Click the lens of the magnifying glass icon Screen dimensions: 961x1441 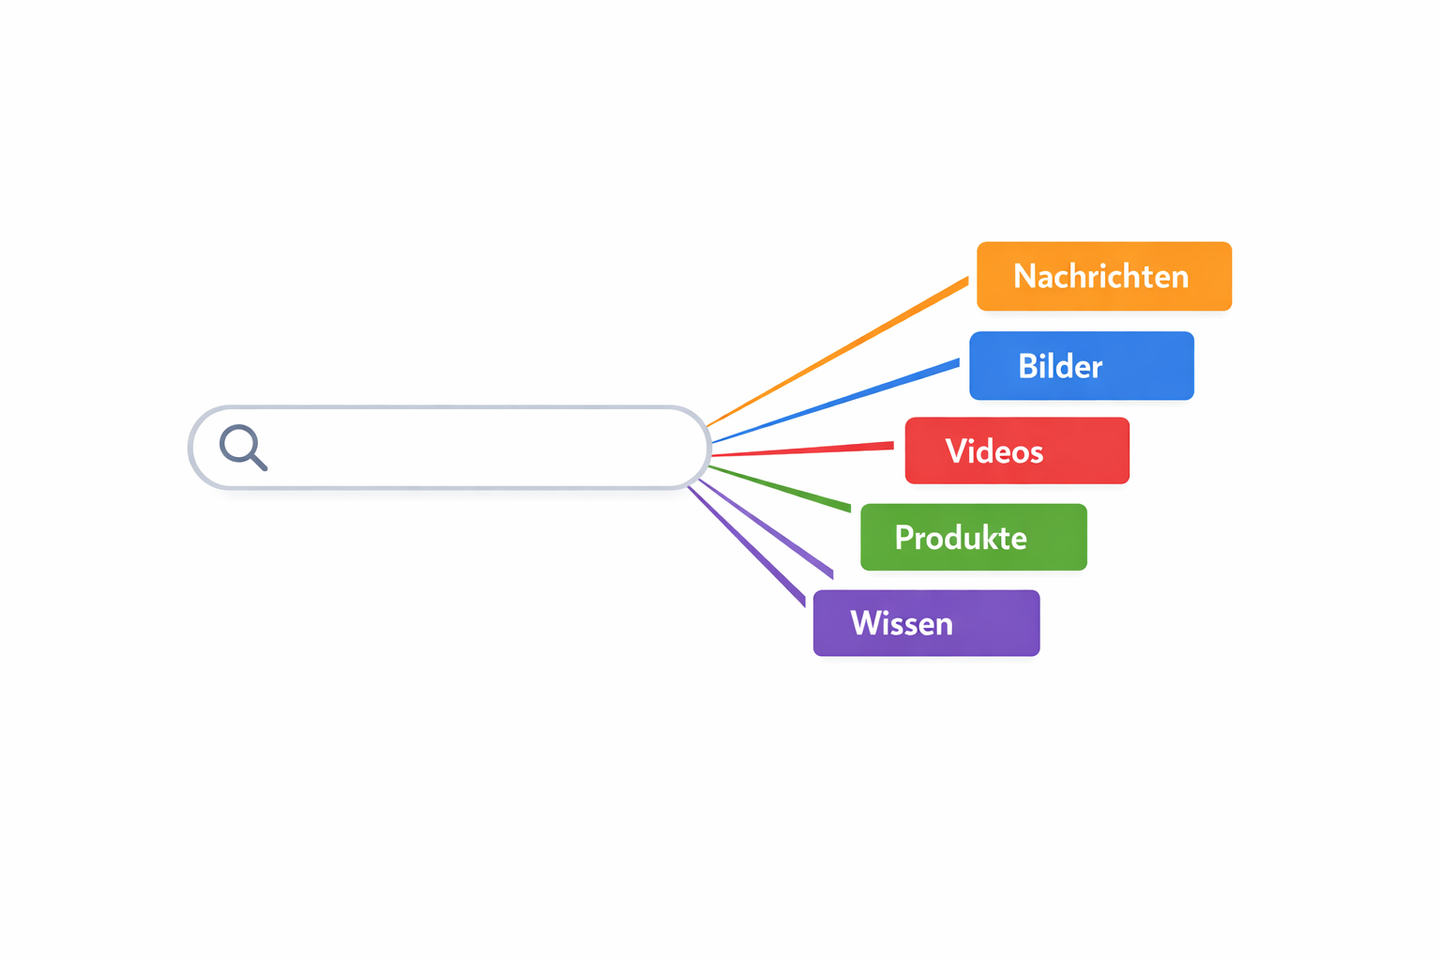pos(238,443)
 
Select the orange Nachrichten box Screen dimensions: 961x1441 pos(1103,276)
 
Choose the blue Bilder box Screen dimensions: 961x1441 pos(1081,366)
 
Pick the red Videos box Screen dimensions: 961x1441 pos(1017,451)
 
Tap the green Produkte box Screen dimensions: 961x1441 pos(973,538)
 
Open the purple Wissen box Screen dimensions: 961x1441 pos(926,623)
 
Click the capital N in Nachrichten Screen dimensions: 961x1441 pos(1024,277)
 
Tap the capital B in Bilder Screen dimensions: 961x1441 pos(1028,366)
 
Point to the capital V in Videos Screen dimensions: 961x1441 pos(956,451)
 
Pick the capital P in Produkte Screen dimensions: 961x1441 pos(904,538)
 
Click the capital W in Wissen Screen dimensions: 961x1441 pos(866,623)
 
